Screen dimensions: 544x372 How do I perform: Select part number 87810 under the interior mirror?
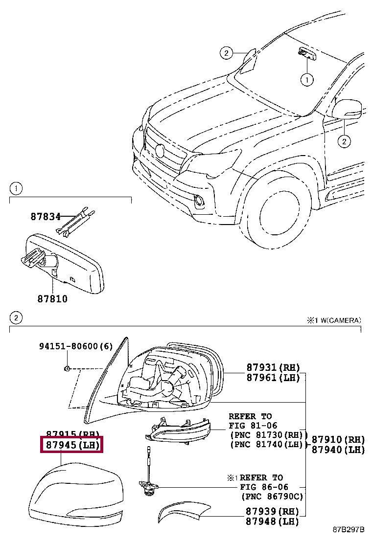click(51, 298)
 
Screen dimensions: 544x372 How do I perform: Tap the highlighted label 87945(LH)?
click(72, 446)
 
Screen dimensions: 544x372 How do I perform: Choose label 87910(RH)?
click(338, 439)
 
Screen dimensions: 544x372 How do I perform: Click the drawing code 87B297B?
click(349, 530)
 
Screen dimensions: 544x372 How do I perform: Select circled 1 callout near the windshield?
click(306, 78)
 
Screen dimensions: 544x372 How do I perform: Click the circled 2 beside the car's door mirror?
click(344, 141)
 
